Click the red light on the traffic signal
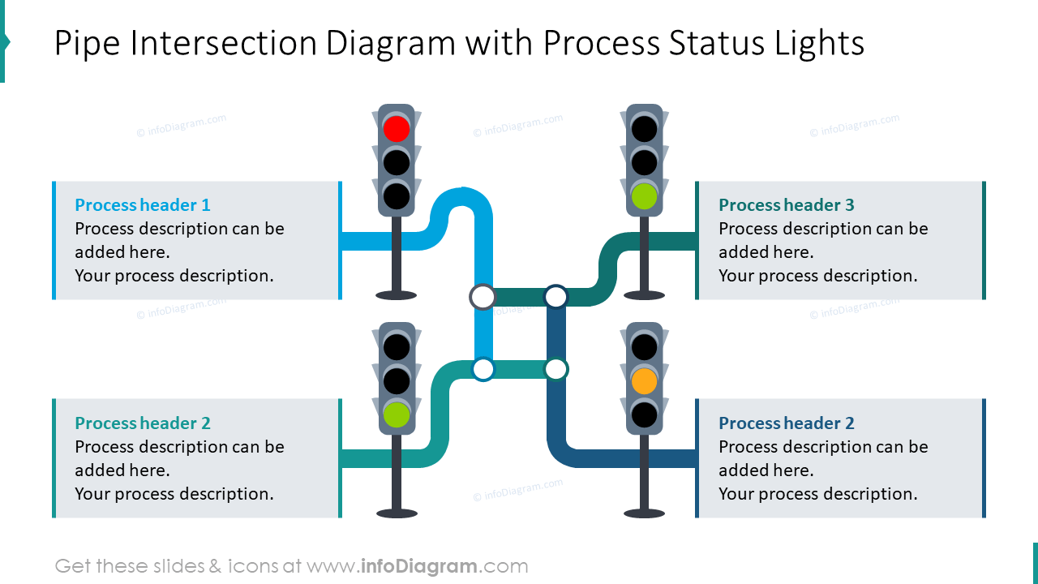click(397, 128)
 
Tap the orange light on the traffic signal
click(644, 381)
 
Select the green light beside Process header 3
click(644, 196)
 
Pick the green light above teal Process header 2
click(397, 414)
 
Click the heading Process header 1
click(143, 205)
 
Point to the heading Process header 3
click(787, 205)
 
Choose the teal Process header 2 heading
click(143, 423)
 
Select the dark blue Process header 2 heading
click(787, 423)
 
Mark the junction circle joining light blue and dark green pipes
click(483, 297)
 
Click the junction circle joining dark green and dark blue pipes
click(555, 297)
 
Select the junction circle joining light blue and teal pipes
click(483, 370)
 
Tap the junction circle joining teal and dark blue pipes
click(555, 370)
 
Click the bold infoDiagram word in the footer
click(418, 566)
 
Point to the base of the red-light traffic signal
click(397, 295)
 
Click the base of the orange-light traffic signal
click(644, 513)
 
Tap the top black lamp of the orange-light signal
click(644, 347)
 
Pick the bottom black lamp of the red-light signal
click(397, 195)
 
